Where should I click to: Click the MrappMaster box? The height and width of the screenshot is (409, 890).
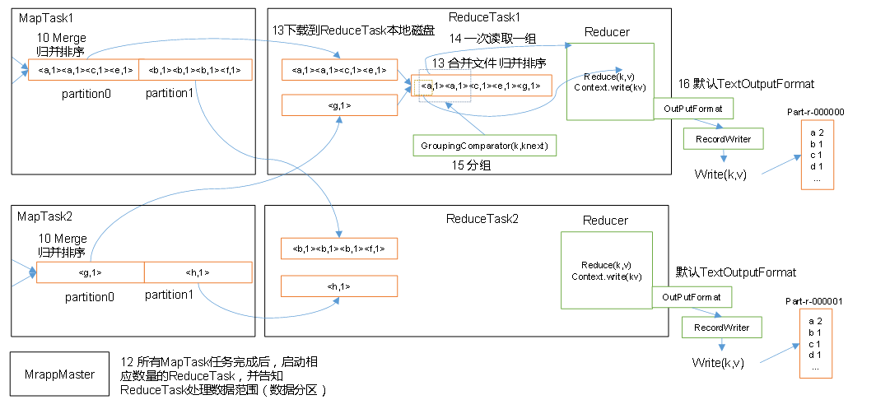click(59, 374)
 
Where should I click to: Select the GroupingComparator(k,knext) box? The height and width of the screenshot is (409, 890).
click(485, 146)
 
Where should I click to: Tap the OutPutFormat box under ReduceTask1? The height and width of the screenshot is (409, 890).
click(693, 108)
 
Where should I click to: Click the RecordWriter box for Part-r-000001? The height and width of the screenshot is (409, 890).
click(721, 328)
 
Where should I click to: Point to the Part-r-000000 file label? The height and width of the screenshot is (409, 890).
click(815, 112)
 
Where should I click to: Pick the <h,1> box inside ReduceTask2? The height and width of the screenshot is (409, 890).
click(339, 286)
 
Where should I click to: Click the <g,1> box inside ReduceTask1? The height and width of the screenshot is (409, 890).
click(339, 105)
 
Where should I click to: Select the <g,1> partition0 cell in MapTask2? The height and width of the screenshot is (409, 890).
click(91, 272)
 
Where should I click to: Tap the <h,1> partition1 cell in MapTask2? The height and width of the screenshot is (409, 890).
click(198, 272)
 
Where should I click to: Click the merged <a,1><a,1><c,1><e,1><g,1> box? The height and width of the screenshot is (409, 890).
click(482, 86)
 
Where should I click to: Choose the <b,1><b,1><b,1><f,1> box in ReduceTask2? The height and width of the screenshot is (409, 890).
click(339, 249)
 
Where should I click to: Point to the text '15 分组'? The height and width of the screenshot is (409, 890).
click(471, 165)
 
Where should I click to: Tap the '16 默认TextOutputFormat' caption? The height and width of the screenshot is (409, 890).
click(747, 84)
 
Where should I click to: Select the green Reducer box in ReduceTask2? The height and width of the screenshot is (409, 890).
click(606, 270)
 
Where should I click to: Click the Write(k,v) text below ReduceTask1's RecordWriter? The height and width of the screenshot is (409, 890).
click(720, 174)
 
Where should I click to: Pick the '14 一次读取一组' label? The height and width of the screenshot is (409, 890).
click(492, 39)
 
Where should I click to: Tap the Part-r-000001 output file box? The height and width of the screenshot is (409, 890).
click(815, 343)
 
